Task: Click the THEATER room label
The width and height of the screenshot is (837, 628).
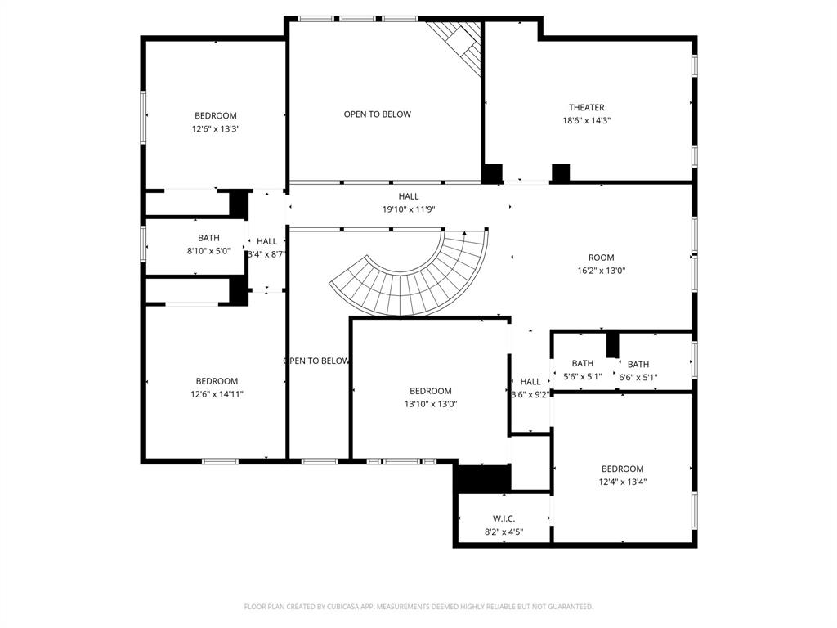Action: click(x=586, y=108)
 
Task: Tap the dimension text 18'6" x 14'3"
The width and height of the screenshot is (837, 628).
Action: click(x=586, y=121)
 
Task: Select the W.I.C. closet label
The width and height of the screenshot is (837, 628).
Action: click(x=504, y=519)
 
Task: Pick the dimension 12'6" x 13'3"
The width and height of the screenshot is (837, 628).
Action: click(x=216, y=129)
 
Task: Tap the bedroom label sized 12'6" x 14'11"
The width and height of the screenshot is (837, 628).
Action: click(x=217, y=381)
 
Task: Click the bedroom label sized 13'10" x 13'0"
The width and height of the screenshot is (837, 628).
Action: click(x=430, y=391)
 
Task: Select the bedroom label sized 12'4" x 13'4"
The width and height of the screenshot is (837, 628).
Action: click(x=622, y=469)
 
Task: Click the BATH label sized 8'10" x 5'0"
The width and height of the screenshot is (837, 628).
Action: click(x=208, y=238)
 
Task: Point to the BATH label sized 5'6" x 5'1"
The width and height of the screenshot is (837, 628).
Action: click(x=583, y=363)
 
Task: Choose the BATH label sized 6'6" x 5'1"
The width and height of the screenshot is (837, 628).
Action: click(x=638, y=365)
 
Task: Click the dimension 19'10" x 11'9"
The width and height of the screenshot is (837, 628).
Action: click(x=409, y=209)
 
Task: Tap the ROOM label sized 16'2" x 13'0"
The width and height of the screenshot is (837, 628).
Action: click(x=601, y=258)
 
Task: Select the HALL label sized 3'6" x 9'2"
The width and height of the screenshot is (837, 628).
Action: click(x=530, y=381)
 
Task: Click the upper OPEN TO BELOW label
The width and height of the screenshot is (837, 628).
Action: click(x=377, y=114)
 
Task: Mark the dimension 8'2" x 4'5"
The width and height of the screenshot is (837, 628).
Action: click(x=504, y=532)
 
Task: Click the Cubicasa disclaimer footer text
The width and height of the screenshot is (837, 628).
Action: click(x=418, y=607)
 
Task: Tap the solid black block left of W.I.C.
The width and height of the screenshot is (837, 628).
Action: click(x=482, y=478)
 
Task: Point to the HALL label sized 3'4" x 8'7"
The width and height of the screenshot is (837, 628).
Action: click(x=266, y=241)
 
